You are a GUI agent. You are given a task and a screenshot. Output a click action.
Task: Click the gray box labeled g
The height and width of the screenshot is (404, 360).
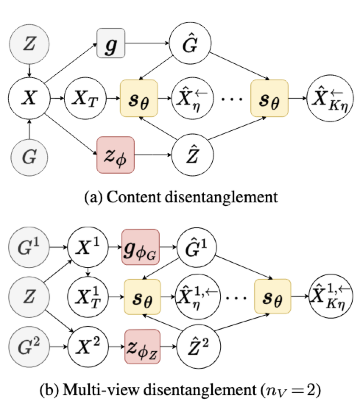pos(111,43)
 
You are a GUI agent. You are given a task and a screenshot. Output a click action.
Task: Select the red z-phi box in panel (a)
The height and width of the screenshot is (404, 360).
pos(115,154)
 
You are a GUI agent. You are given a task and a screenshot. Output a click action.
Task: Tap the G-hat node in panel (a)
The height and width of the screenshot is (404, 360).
pos(191,43)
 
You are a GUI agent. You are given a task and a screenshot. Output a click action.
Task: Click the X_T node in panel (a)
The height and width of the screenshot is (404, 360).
pos(85,99)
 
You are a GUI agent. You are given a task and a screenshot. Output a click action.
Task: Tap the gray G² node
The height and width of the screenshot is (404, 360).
pos(29,347)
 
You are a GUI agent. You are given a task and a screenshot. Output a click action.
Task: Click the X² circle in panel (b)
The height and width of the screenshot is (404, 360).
pos(88,347)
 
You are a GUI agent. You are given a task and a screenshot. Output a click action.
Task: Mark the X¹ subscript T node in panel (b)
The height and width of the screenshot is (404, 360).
pos(88,295)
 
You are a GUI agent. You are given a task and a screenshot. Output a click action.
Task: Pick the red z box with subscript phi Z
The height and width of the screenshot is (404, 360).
pos(143,347)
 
